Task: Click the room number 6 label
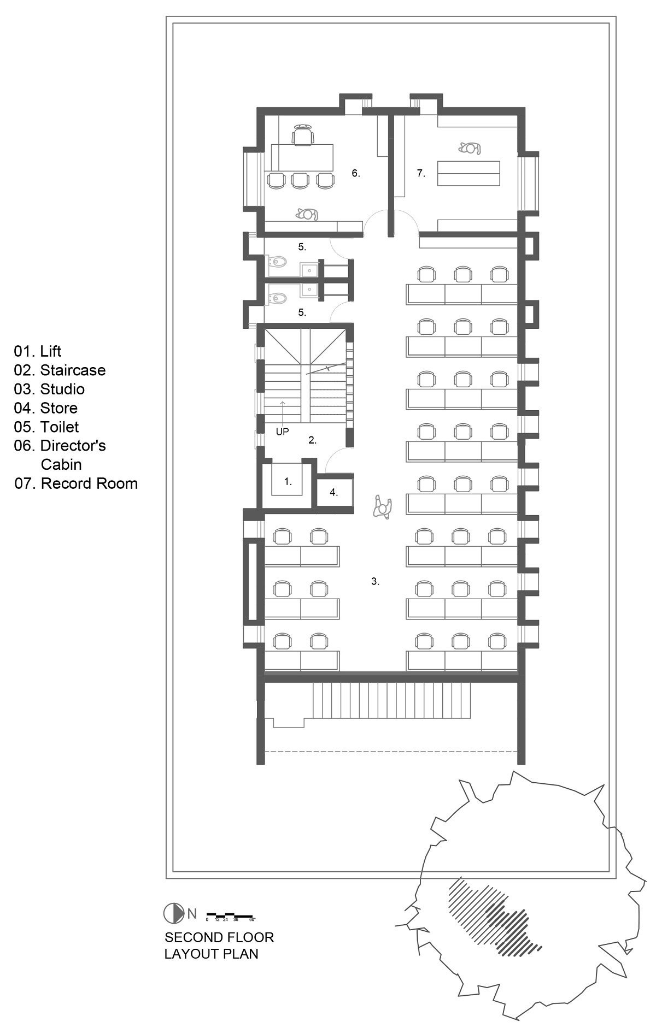click(355, 173)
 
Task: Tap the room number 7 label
click(420, 173)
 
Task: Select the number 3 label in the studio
click(375, 582)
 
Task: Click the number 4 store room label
click(333, 493)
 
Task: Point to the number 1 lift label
click(288, 482)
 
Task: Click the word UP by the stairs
click(282, 432)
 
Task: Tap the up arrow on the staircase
click(282, 410)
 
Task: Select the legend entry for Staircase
click(60, 370)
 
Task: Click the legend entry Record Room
click(76, 483)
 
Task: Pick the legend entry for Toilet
click(46, 427)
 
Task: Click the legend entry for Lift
click(38, 351)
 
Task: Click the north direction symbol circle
click(173, 913)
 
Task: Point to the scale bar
click(230, 914)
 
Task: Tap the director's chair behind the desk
click(303, 134)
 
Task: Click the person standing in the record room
click(470, 148)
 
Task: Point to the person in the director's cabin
click(307, 215)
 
